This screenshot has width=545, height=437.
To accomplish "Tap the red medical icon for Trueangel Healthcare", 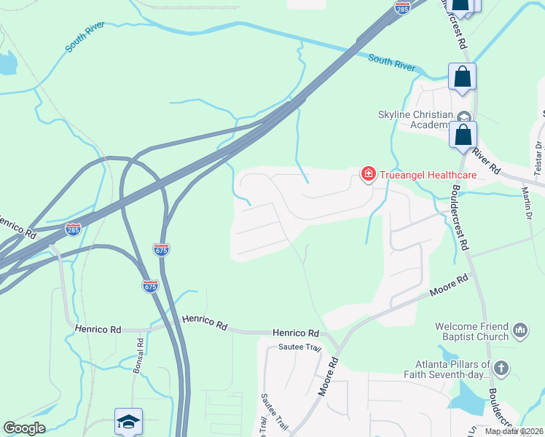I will [x=369, y=174].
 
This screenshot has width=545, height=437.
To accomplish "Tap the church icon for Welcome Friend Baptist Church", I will [x=520, y=331].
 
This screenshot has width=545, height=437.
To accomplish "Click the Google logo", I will [x=24, y=428].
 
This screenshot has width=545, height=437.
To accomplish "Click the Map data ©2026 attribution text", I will [x=514, y=431].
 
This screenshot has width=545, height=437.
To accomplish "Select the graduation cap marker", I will [x=128, y=421].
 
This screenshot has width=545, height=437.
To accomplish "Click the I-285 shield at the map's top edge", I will [x=402, y=7].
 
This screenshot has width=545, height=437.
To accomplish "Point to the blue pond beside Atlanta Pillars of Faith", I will [x=466, y=399].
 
